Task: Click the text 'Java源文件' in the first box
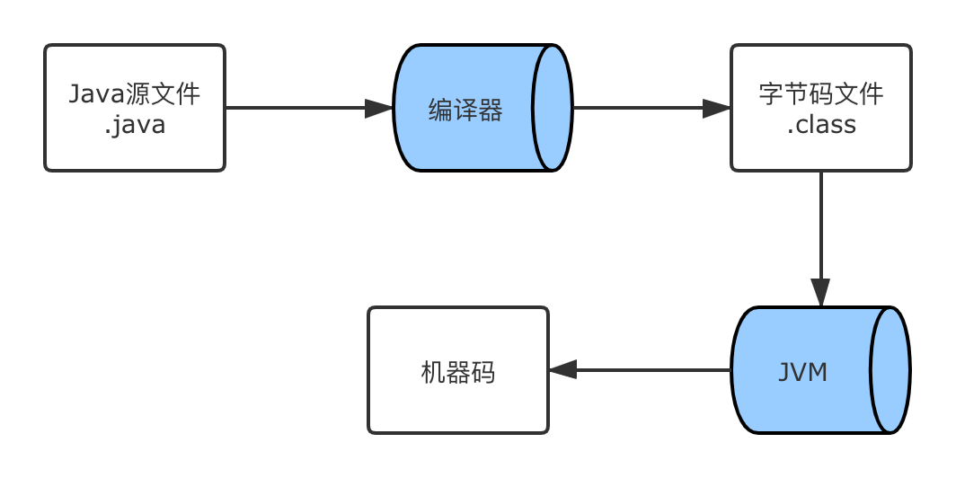tap(135, 93)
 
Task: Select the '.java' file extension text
tap(135, 124)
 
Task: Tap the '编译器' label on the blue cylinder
tap(465, 111)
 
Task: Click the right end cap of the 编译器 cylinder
tap(551, 108)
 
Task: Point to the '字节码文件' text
tap(821, 93)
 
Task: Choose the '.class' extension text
tap(821, 124)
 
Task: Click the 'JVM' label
tap(802, 372)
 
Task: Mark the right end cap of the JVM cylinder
tap(890, 370)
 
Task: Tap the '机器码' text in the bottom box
tap(457, 372)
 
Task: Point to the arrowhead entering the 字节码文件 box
tap(716, 109)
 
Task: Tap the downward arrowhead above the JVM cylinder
tap(820, 292)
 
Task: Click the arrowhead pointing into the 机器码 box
tap(563, 370)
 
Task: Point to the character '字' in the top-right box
tap(772, 93)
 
